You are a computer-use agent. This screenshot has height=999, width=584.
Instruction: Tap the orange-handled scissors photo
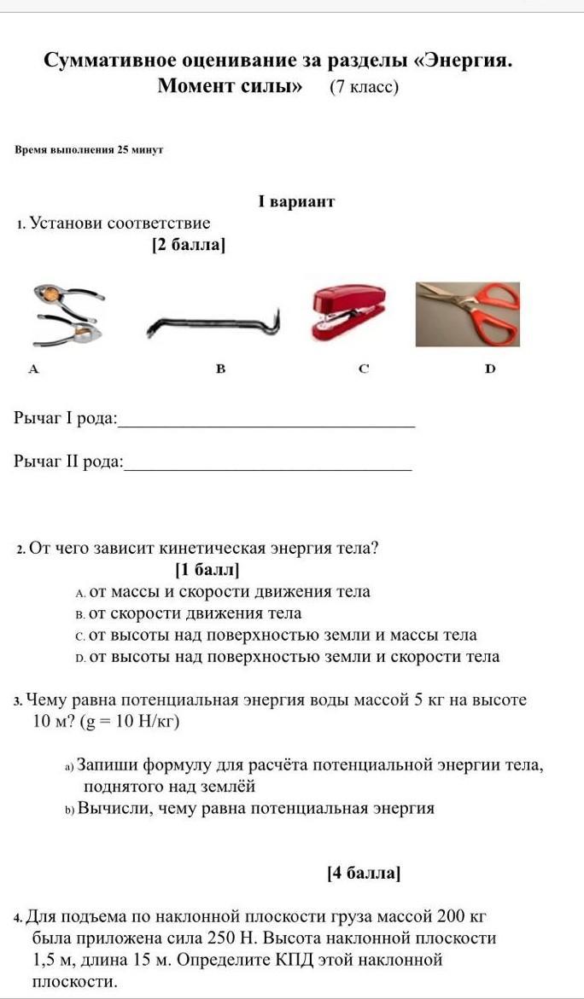point(468,313)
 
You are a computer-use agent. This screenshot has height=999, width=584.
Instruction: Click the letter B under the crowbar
point(220,369)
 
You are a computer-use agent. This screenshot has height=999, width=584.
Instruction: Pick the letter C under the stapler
point(364,369)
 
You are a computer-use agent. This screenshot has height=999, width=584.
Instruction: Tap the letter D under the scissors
point(489,369)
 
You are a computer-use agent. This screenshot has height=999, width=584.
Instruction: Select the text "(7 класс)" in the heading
point(365,86)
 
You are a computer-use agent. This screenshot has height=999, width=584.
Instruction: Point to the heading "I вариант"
point(295,202)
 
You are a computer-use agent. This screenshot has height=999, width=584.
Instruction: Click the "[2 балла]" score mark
point(189,246)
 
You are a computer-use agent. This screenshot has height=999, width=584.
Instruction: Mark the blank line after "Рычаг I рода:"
point(269,424)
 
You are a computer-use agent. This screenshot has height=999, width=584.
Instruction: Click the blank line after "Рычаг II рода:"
point(269,468)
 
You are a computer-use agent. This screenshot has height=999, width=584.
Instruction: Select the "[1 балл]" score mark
point(207,569)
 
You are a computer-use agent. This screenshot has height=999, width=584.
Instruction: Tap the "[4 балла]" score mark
point(364,873)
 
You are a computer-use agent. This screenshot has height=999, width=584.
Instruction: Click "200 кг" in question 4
point(461,917)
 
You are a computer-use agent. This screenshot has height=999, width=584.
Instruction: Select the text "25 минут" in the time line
point(140,150)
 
